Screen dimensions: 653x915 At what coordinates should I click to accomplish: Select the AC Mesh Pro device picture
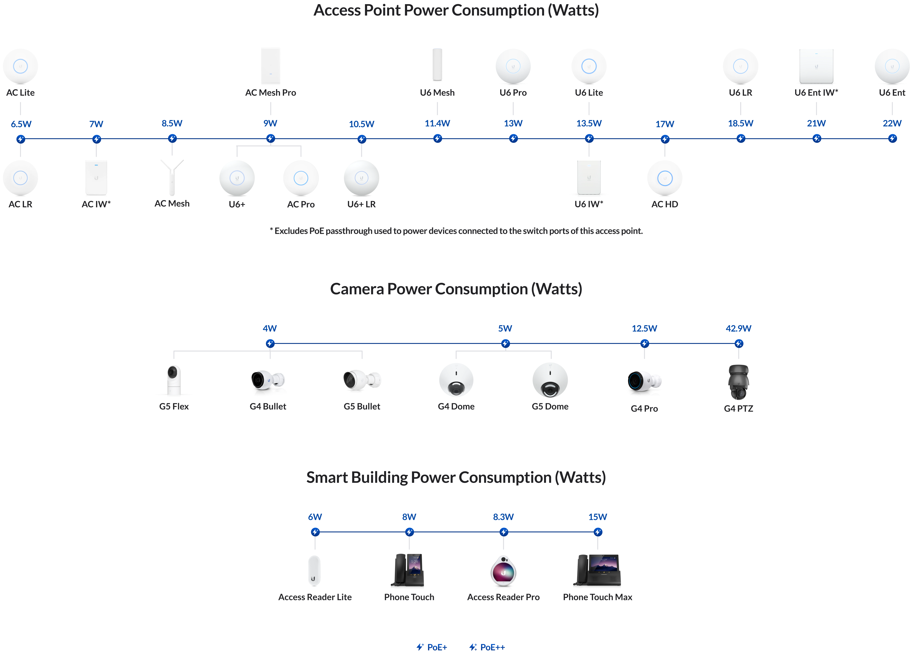click(x=270, y=66)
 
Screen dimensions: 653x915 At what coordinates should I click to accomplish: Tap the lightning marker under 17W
click(x=665, y=139)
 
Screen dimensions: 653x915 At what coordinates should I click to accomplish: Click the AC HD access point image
click(x=665, y=178)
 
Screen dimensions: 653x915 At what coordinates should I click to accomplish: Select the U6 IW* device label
click(x=589, y=204)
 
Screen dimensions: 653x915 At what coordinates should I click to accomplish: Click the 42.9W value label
click(x=738, y=329)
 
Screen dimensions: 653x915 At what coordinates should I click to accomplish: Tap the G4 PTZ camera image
click(x=738, y=382)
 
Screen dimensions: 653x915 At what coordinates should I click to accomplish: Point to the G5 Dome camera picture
click(x=550, y=380)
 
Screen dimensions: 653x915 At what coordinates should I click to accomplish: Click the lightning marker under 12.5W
click(x=644, y=344)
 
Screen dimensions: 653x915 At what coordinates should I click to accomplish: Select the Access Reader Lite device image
click(x=314, y=571)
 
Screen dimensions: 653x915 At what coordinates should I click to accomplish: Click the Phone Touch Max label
click(x=598, y=597)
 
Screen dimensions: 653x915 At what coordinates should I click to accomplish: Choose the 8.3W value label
click(x=503, y=517)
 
